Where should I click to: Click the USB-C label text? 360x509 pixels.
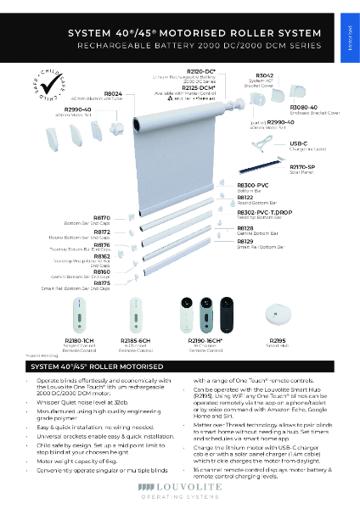point(298,143)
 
